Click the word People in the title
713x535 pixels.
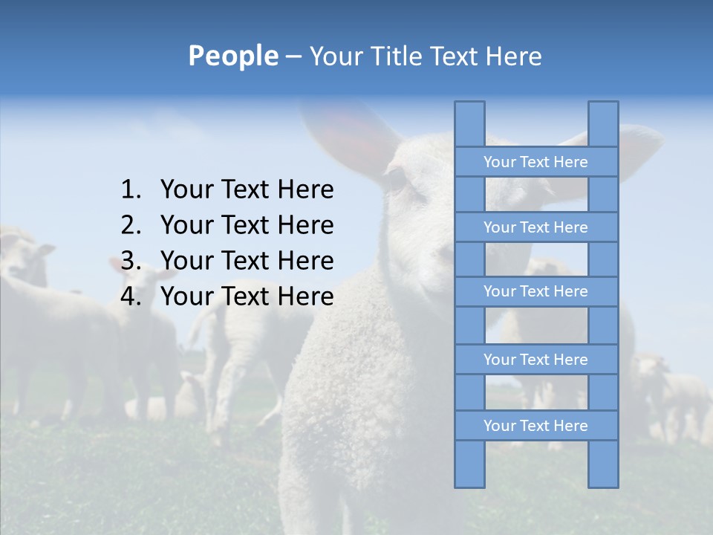tap(232, 56)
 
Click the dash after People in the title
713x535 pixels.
tap(293, 56)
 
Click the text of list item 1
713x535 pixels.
tap(247, 190)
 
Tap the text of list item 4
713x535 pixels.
tap(247, 296)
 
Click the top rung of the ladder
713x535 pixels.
tap(535, 162)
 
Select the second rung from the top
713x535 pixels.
tap(535, 227)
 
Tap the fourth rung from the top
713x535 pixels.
tap(535, 360)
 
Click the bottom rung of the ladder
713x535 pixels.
tap(535, 426)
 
